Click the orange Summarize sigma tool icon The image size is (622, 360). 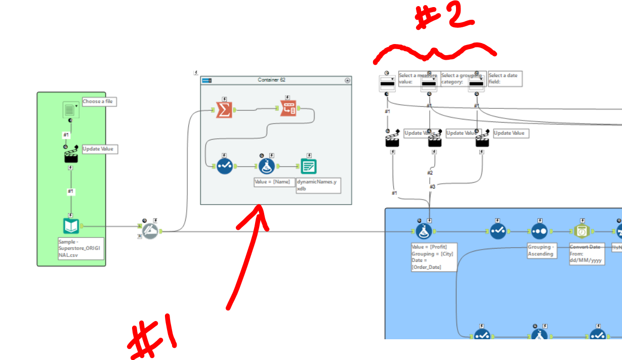(224, 110)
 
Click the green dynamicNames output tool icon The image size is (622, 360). (309, 166)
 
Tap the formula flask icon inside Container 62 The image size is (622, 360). (267, 166)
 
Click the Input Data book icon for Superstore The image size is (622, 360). (71, 226)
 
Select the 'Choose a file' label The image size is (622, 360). (98, 102)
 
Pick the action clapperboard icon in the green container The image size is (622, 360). (71, 155)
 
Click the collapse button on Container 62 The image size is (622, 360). (347, 80)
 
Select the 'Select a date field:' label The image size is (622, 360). (504, 78)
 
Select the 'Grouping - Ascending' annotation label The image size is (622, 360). (541, 251)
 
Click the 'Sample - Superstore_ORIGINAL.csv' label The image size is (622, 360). (80, 248)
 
